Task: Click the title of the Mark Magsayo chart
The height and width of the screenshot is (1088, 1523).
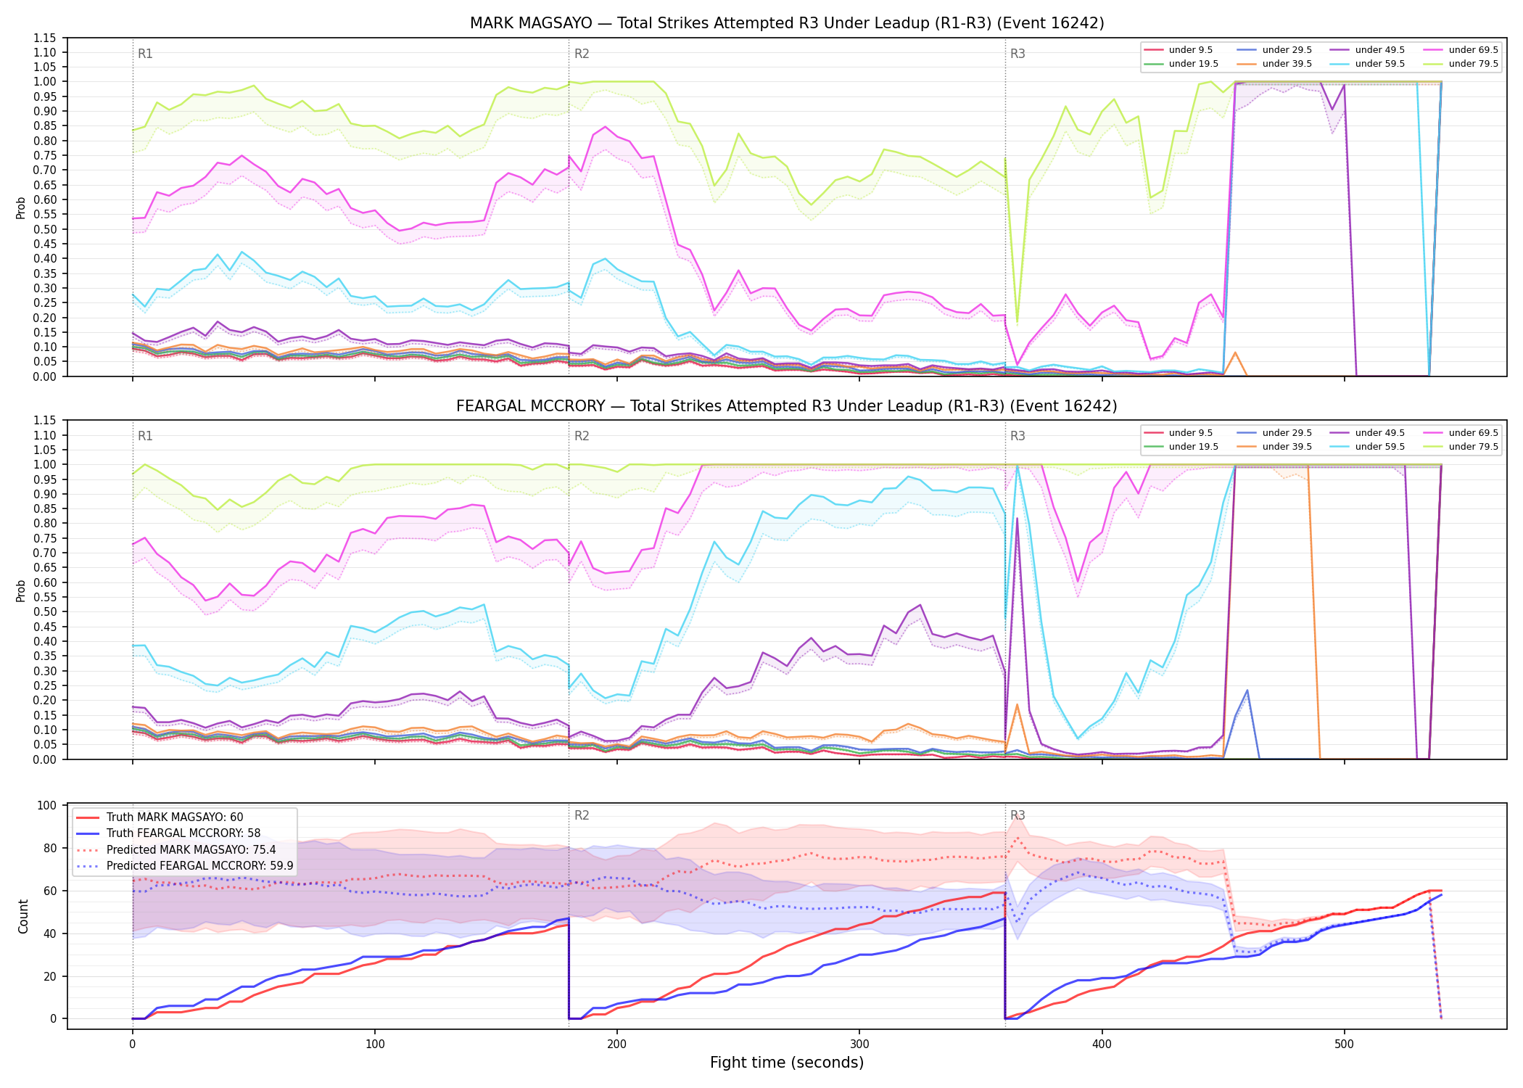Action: [x=787, y=23]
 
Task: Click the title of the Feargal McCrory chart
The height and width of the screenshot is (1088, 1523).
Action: [x=787, y=406]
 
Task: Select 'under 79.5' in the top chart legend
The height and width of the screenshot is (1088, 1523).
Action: [x=1474, y=64]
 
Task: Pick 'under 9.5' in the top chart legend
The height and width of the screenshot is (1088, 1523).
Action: [x=1191, y=50]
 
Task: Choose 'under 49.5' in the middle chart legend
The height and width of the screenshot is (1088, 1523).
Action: [x=1380, y=433]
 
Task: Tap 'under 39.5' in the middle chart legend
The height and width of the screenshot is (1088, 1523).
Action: [x=1287, y=447]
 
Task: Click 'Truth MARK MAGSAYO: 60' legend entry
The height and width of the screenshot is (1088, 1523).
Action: [x=175, y=817]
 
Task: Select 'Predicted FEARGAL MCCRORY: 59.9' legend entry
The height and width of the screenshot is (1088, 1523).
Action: [x=200, y=865]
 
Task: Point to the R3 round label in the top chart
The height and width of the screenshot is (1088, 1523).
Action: [x=1018, y=54]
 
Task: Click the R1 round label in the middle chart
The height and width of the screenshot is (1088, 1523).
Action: [x=145, y=436]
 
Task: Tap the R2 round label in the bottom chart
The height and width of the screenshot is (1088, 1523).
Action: [x=582, y=815]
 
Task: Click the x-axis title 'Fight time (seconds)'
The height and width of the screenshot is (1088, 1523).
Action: [x=787, y=1063]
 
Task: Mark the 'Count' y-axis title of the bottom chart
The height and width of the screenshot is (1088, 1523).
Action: [x=23, y=916]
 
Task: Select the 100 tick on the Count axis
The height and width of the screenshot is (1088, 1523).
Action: [x=46, y=805]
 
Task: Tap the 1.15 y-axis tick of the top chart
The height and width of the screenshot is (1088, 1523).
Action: [x=44, y=38]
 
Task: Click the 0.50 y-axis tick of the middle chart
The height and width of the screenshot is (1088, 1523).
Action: [x=44, y=612]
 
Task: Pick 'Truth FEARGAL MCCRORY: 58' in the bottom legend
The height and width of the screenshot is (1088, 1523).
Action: [x=183, y=833]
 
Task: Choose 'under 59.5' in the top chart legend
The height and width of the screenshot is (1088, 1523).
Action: [x=1380, y=64]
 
